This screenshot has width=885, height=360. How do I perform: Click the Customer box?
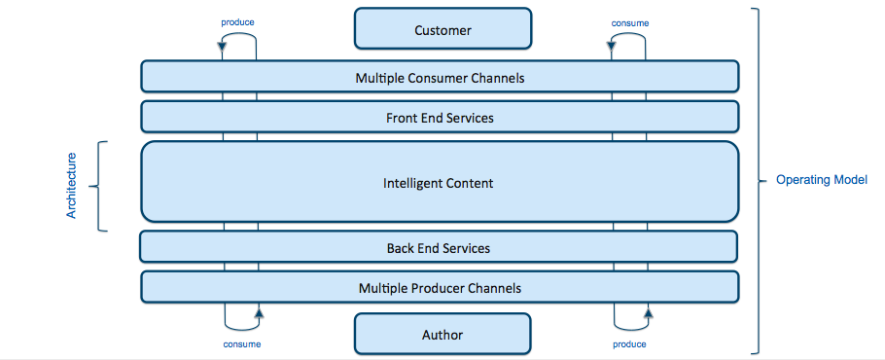tap(442, 29)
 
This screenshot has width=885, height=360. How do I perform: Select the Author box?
tap(442, 334)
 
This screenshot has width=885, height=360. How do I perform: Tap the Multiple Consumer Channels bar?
tap(440, 76)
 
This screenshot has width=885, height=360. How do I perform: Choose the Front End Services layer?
tap(440, 117)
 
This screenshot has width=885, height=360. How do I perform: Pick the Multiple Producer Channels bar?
tap(440, 287)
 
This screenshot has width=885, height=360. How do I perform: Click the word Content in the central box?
tap(471, 182)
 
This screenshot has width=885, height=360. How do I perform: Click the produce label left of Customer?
tap(238, 21)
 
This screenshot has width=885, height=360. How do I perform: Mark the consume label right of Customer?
tap(629, 21)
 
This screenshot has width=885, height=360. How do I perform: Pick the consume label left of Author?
tap(241, 343)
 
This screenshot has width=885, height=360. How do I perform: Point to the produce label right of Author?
tap(630, 343)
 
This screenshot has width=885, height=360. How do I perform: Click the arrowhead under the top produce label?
tap(223, 44)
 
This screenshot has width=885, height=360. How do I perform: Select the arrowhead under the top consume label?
tap(614, 44)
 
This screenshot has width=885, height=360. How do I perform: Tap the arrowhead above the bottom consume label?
tap(258, 312)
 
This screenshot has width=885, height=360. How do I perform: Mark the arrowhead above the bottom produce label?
tap(648, 312)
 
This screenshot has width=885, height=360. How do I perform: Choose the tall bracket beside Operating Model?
tap(758, 181)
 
